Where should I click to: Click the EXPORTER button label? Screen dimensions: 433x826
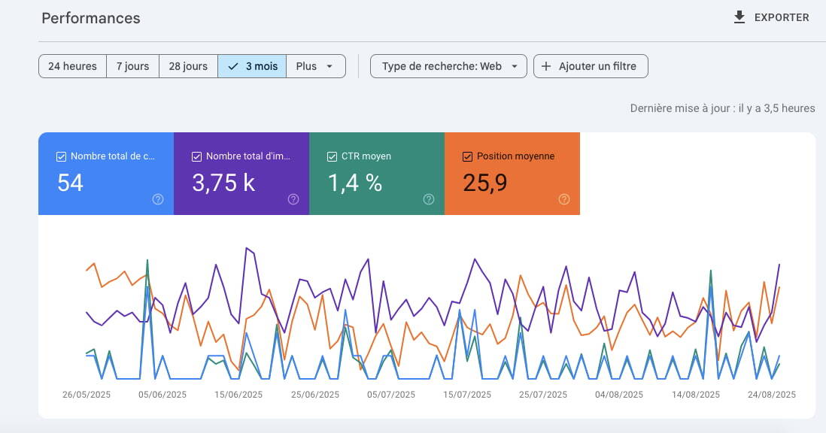tap(782, 17)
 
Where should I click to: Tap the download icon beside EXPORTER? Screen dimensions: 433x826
tap(739, 17)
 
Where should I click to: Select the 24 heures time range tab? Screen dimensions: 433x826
tap(72, 66)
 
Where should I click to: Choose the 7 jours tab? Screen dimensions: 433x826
tap(132, 66)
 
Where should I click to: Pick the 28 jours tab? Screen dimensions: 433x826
tap(188, 66)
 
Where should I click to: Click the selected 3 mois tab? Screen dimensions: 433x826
tap(253, 66)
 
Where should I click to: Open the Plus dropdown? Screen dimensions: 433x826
tap(315, 66)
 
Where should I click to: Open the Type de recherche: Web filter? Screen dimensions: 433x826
tap(449, 66)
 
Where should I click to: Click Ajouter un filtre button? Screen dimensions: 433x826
tap(591, 66)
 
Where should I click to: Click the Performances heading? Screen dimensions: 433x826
tap(91, 18)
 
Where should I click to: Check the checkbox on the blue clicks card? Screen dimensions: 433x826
tap(61, 156)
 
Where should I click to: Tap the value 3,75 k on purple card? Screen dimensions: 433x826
tap(223, 183)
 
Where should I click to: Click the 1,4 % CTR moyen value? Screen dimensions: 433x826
tap(355, 183)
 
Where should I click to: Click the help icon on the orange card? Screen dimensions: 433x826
tap(564, 199)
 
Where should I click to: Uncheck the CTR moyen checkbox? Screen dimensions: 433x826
tap(332, 156)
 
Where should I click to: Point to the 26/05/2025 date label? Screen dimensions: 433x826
tap(87, 395)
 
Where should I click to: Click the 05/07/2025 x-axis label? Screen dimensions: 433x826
tap(391, 395)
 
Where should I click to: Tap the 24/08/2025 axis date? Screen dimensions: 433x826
tap(771, 395)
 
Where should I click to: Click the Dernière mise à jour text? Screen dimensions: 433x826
tap(722, 108)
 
